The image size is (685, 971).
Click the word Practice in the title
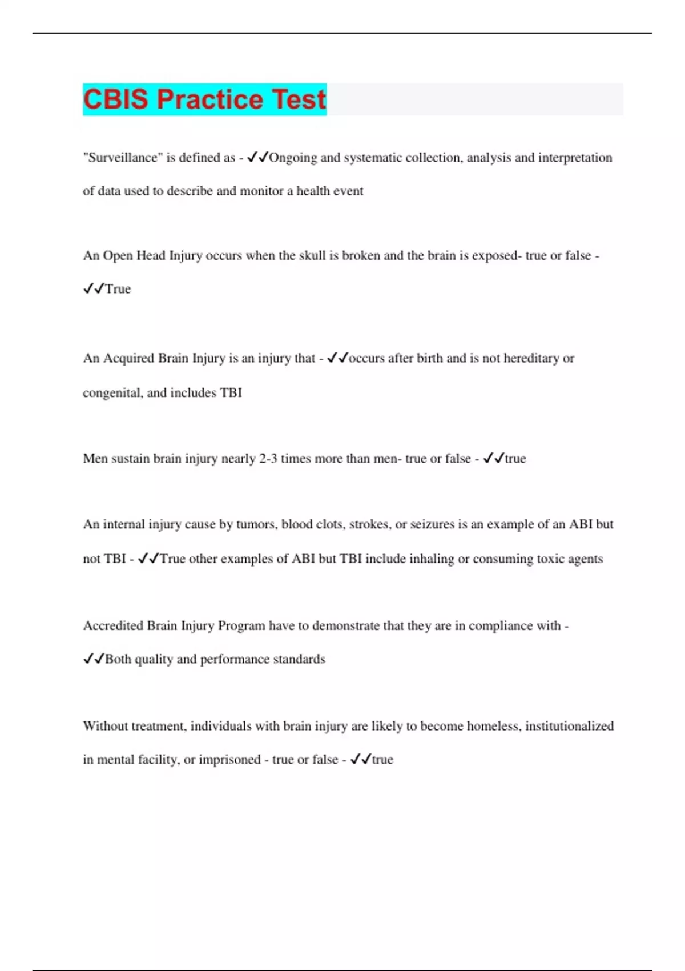pyautogui.click(x=209, y=99)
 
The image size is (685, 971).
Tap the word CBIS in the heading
pyautogui.click(x=117, y=99)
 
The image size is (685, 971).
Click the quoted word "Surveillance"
pyautogui.click(x=122, y=158)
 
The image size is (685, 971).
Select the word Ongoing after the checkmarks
pyautogui.click(x=293, y=158)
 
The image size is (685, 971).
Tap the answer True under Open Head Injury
pyautogui.click(x=118, y=289)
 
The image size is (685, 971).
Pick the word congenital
pyautogui.click(x=112, y=393)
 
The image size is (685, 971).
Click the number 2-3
pyautogui.click(x=268, y=459)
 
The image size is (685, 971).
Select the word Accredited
pyautogui.click(x=113, y=626)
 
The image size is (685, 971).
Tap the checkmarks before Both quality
pyautogui.click(x=93, y=659)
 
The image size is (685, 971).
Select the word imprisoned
pyautogui.click(x=229, y=760)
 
